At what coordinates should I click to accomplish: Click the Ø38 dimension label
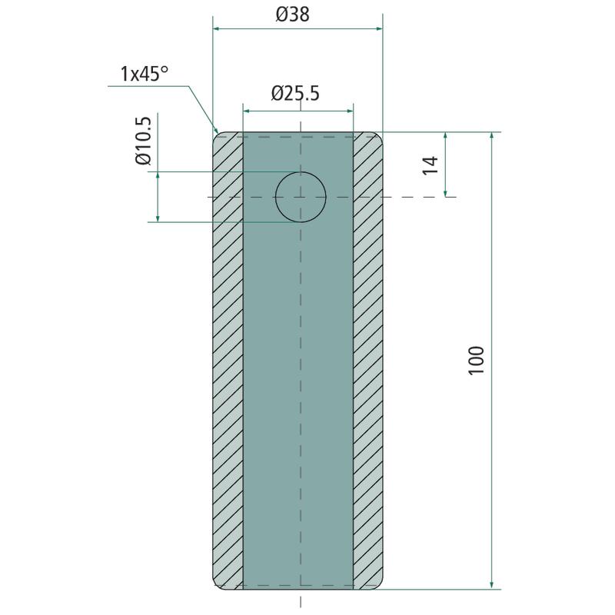[x=293, y=15]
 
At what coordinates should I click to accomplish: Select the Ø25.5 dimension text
[x=295, y=93]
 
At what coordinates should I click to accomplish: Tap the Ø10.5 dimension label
[x=143, y=141]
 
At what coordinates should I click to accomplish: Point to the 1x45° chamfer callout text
[x=144, y=74]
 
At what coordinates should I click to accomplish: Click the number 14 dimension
[x=430, y=165]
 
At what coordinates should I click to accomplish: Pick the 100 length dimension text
[x=477, y=361]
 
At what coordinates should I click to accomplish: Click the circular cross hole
[x=301, y=197]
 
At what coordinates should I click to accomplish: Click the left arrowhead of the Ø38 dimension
[x=215, y=28]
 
